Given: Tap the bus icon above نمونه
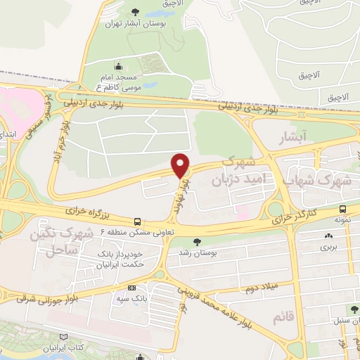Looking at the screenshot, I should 342,209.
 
